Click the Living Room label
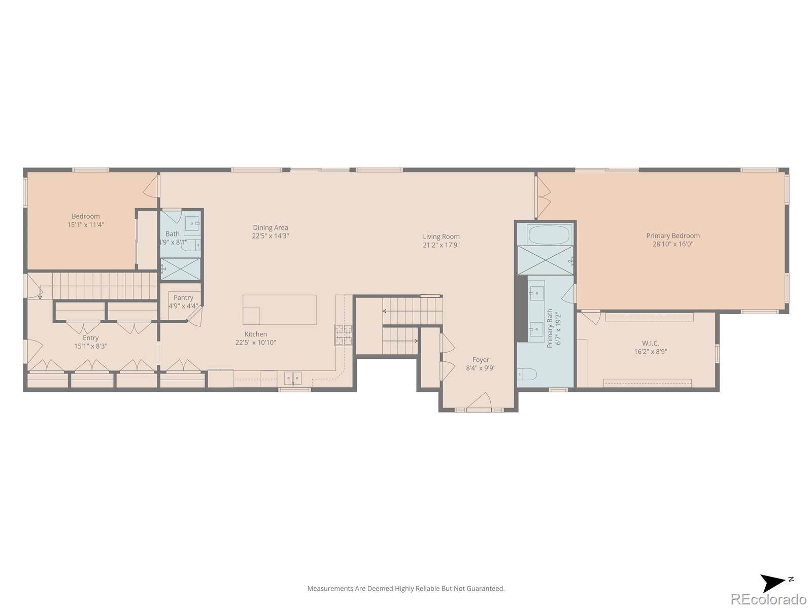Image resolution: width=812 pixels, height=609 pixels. [x=441, y=236]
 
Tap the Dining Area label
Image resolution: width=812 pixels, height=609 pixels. [x=270, y=228]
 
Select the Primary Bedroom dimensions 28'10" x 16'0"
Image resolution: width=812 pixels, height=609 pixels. [x=672, y=244]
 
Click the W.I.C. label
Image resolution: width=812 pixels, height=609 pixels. [x=650, y=343]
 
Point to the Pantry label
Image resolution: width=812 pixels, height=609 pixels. [x=183, y=298]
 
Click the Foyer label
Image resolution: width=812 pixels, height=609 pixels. [x=481, y=360]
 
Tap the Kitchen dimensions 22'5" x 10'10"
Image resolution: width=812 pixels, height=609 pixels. [x=255, y=343]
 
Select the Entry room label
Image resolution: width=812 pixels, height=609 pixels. [x=91, y=338]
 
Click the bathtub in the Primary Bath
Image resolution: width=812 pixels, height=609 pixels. [x=549, y=235]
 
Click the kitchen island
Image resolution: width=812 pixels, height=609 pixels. [x=280, y=310]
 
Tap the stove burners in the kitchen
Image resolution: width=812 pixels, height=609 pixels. [x=343, y=335]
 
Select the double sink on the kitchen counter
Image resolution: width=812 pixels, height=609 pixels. [x=292, y=378]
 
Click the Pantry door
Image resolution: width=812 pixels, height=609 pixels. [x=195, y=315]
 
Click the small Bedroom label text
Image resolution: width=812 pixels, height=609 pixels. [x=86, y=216]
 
